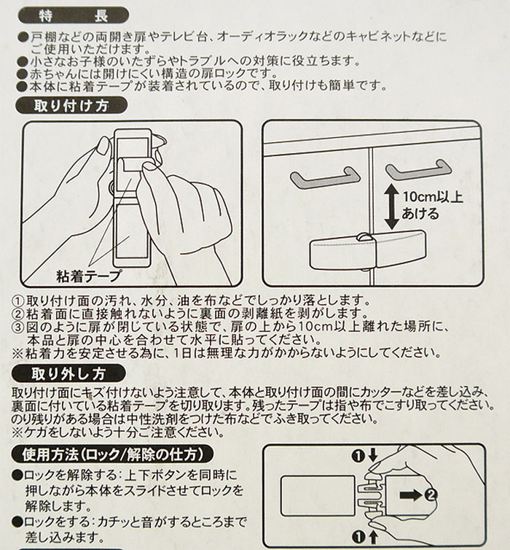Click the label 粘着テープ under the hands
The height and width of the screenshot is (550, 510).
(88, 276)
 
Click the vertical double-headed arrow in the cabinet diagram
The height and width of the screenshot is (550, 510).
(391, 206)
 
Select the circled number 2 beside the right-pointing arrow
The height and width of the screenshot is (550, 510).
(452, 496)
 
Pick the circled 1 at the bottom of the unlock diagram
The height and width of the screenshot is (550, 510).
(358, 538)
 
